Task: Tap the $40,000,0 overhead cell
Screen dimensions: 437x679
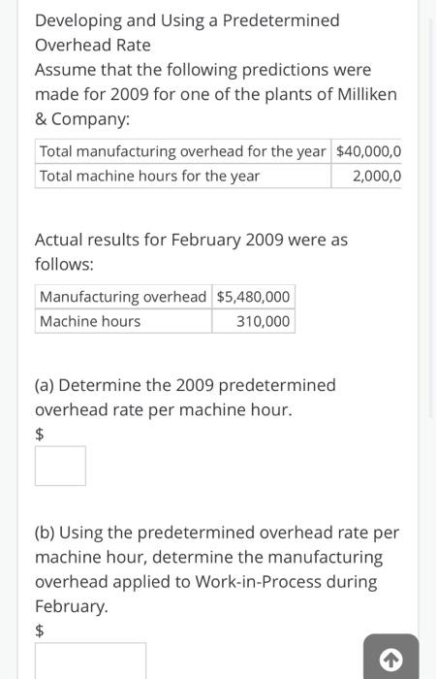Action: point(368,151)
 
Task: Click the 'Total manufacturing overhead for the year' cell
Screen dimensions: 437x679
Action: point(183,151)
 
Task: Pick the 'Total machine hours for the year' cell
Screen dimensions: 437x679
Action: point(150,176)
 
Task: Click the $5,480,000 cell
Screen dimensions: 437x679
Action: point(253,297)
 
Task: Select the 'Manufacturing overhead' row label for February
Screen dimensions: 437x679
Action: point(123,297)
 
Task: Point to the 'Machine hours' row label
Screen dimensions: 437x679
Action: point(90,321)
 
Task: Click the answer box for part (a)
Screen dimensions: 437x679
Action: point(60,466)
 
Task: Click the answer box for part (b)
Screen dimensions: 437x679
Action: point(90,662)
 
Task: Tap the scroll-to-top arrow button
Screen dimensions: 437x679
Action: point(390,660)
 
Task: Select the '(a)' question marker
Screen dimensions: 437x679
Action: point(45,385)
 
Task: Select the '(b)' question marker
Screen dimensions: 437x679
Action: point(45,533)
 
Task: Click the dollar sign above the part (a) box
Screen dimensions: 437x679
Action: point(40,435)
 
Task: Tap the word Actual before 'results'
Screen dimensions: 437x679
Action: point(60,240)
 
